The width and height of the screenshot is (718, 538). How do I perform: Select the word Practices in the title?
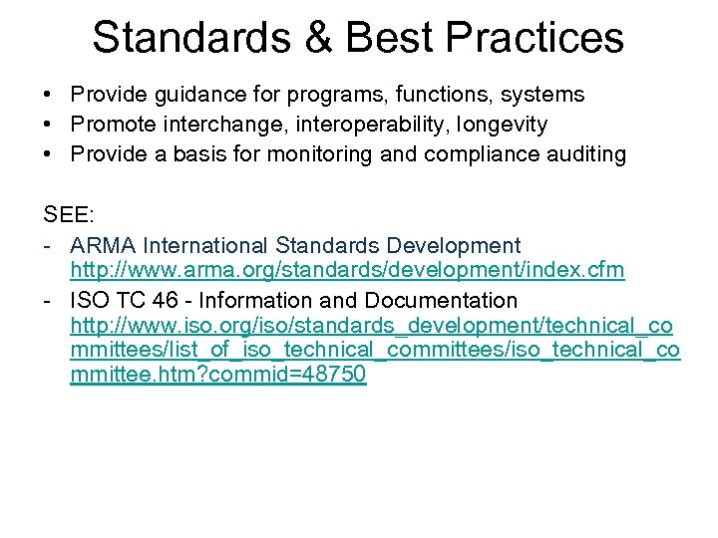pos(535,37)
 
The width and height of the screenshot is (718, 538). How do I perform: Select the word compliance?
pos(478,154)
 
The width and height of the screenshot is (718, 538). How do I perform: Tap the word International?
pos(207,245)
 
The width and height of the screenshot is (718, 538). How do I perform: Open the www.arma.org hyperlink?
pos(347,271)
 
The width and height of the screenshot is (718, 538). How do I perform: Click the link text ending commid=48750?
pos(218,376)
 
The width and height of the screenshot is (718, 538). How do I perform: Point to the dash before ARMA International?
pos(48,245)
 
